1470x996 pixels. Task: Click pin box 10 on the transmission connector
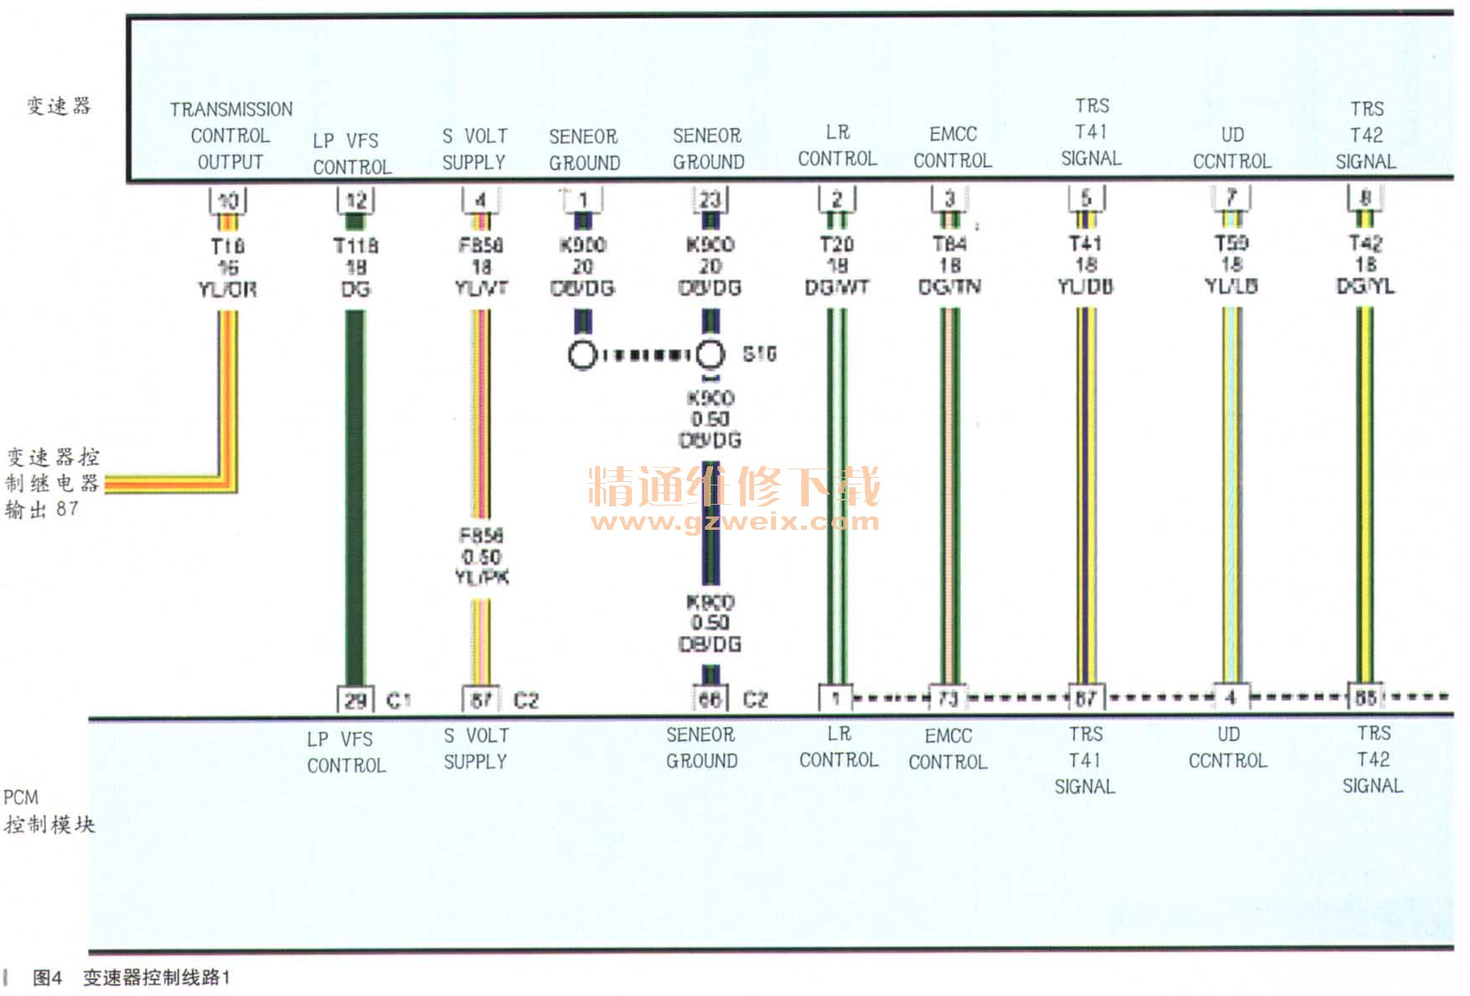point(227,200)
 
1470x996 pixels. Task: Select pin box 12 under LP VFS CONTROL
point(356,200)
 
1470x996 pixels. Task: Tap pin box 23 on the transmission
point(710,200)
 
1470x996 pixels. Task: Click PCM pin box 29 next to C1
point(355,700)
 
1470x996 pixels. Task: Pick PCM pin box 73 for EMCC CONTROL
point(948,698)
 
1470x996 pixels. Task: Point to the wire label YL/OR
point(227,290)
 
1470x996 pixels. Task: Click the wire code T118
point(356,246)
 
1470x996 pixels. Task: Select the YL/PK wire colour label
point(482,578)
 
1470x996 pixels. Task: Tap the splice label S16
point(759,354)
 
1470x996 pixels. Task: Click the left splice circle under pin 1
point(582,355)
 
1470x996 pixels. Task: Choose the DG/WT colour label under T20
point(836,288)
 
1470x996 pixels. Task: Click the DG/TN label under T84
point(950,287)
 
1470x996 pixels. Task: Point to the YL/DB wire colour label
point(1085,287)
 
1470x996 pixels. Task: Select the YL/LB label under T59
point(1231,286)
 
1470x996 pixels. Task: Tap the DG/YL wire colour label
point(1365,286)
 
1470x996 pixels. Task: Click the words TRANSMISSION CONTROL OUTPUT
point(230,135)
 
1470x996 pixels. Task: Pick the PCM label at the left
point(21,797)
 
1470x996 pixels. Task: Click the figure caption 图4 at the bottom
point(47,978)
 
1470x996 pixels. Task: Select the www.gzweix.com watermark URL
point(734,522)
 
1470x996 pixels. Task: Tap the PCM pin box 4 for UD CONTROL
point(1230,698)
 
